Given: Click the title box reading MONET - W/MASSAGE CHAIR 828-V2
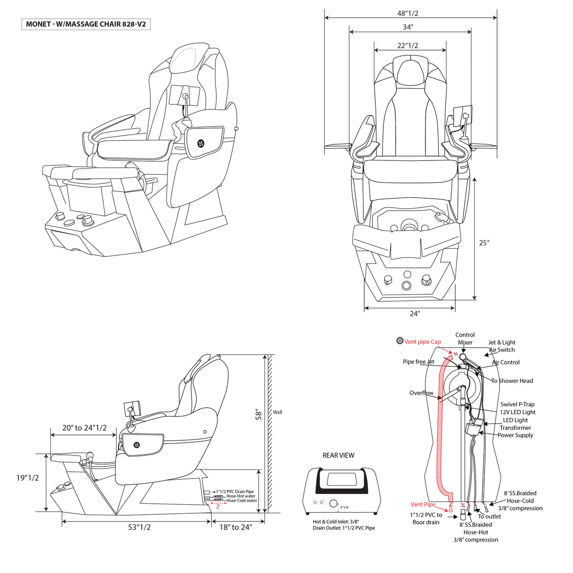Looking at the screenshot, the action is (x=85, y=24).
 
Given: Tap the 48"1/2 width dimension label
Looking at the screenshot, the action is (x=408, y=13).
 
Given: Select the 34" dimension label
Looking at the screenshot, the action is (x=408, y=27).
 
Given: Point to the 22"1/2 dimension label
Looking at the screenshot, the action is (x=407, y=45).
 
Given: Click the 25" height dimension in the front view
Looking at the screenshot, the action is (x=484, y=243).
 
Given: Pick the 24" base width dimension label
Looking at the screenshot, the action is (x=414, y=314).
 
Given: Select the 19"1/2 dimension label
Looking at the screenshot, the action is (x=27, y=478).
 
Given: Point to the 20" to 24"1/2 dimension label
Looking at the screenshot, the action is (x=84, y=427).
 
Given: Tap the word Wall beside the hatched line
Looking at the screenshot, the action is (x=277, y=412).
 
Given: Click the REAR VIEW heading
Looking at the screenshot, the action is (x=339, y=455).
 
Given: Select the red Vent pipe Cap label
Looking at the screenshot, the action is (x=423, y=342).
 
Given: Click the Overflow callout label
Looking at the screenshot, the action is (x=421, y=393).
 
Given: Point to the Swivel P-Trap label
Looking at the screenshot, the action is (x=518, y=404).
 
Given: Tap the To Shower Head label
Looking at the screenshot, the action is (x=512, y=381).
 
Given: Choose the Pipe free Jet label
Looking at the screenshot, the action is (x=418, y=361).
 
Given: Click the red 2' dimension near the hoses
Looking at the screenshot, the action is (x=218, y=507).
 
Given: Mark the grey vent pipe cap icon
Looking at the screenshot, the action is (x=400, y=341).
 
